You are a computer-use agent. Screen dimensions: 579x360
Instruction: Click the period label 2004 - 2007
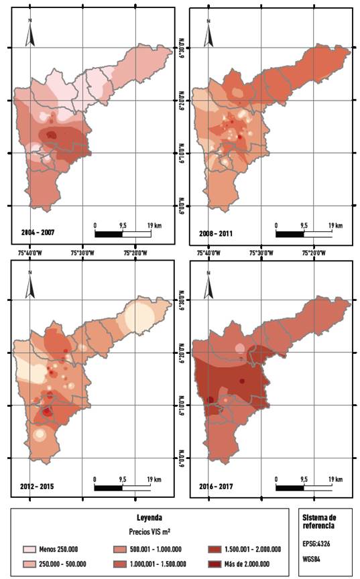tap(39, 233)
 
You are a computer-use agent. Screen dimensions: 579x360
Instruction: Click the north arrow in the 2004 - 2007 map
tap(30, 33)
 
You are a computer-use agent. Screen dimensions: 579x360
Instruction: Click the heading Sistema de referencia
tap(322, 521)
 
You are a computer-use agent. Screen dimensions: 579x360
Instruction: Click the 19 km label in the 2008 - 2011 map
tap(335, 225)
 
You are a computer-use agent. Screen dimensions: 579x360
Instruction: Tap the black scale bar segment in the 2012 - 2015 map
tap(108, 487)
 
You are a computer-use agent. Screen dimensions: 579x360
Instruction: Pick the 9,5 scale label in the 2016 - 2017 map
tap(303, 478)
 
